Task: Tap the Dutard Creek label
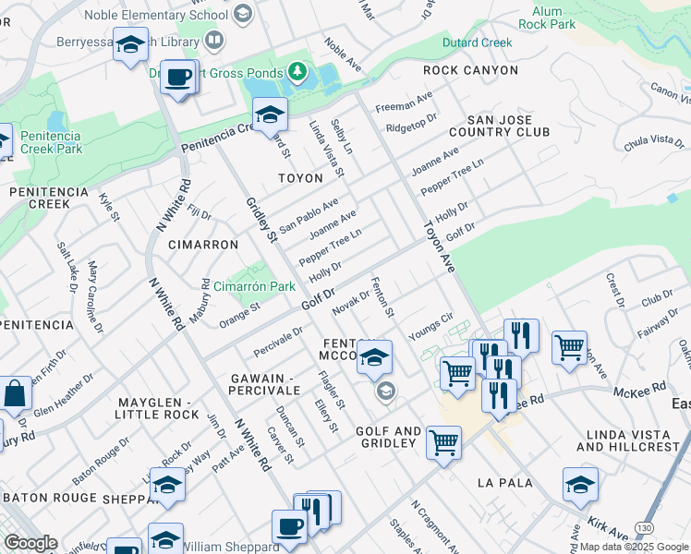point(477,42)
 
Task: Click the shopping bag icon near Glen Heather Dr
point(16,393)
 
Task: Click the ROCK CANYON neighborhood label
point(466,70)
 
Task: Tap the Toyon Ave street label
point(440,245)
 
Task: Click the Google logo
point(30,543)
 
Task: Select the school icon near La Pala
point(579,484)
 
